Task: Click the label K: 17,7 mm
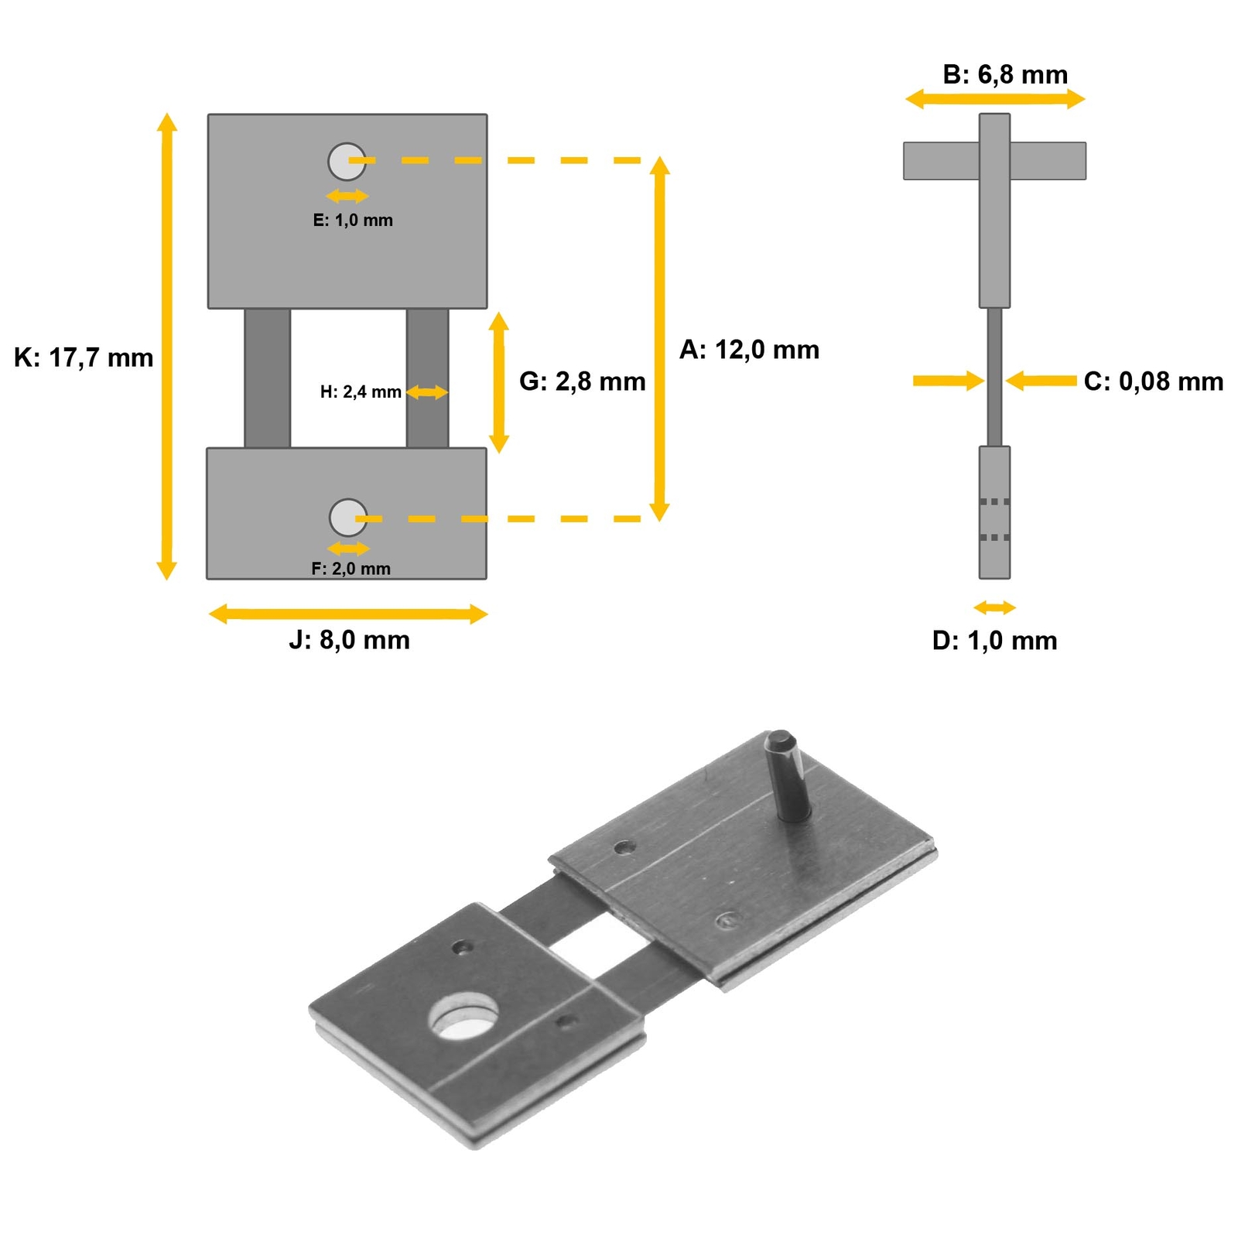[84, 358]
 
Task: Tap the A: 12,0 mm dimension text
[748, 350]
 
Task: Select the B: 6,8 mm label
[1004, 74]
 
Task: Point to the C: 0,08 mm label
[1153, 381]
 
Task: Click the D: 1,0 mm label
[994, 641]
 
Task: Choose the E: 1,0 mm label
[353, 221]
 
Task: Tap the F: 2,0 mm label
[351, 569]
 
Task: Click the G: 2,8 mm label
[582, 381]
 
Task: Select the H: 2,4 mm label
[361, 392]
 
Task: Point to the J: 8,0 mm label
[349, 641]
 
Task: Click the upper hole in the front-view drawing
[347, 161]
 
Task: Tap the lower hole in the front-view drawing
[348, 518]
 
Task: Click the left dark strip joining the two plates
[268, 378]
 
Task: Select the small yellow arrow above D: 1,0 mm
[994, 607]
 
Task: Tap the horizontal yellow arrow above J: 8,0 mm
[348, 614]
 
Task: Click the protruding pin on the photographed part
[788, 775]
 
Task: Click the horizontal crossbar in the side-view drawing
[941, 161]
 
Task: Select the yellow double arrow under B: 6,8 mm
[995, 99]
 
